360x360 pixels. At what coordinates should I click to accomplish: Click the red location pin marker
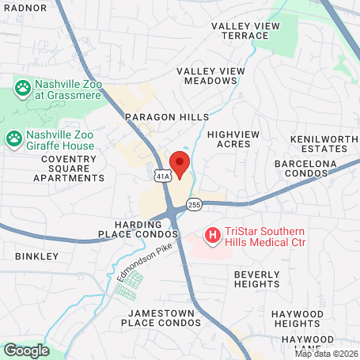tap(180, 165)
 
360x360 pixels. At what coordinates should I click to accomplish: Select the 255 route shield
tap(194, 205)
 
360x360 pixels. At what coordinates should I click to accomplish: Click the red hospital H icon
tap(212, 235)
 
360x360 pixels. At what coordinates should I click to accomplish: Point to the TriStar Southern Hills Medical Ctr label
tap(266, 235)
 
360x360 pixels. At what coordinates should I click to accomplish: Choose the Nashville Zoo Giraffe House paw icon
tap(14, 138)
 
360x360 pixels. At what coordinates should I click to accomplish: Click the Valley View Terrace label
tap(245, 31)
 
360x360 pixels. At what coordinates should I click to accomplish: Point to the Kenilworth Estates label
tap(319, 143)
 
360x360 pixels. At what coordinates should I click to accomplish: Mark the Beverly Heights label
tap(256, 279)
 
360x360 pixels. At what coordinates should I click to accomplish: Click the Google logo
tap(26, 349)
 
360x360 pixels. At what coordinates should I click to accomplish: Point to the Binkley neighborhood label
tap(36, 256)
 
